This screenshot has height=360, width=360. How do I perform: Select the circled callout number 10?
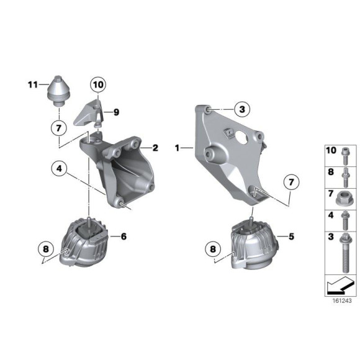click(x=98, y=84)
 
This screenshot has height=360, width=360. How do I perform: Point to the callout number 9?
click(x=116, y=112)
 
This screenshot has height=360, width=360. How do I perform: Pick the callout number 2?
click(x=155, y=148)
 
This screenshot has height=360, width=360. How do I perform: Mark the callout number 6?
click(x=123, y=236)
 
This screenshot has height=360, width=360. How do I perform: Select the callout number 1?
click(x=178, y=148)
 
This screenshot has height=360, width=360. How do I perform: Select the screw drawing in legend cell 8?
click(x=345, y=176)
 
